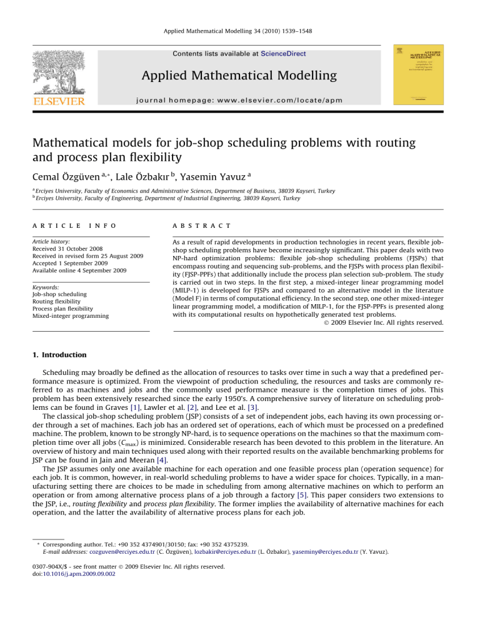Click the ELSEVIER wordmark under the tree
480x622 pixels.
pyautogui.click(x=54, y=99)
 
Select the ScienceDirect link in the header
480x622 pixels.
pyautogui.click(x=284, y=54)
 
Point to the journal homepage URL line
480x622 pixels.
pyautogui.click(x=240, y=98)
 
